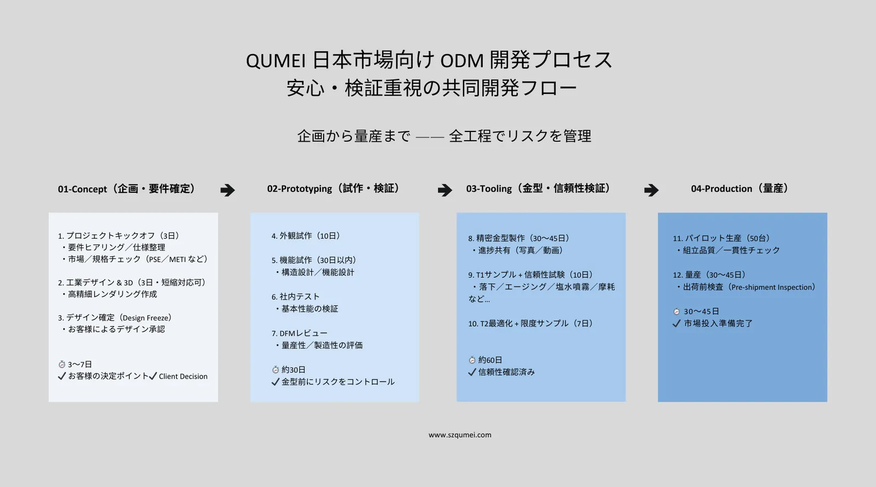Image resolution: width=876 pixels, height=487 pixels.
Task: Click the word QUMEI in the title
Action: click(x=276, y=61)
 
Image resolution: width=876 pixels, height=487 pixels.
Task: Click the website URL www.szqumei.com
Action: click(x=460, y=435)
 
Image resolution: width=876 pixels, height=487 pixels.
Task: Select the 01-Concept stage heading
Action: click(x=126, y=189)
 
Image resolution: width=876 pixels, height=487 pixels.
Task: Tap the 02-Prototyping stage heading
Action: click(x=333, y=188)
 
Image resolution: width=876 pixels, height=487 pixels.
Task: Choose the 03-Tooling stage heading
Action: click(x=539, y=188)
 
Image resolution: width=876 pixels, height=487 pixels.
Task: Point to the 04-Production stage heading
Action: click(x=740, y=188)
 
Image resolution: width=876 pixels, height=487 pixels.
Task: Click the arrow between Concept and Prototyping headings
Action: click(x=228, y=190)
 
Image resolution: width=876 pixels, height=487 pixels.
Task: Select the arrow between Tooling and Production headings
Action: click(x=652, y=190)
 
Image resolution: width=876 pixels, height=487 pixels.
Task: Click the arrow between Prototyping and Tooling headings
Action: click(x=445, y=190)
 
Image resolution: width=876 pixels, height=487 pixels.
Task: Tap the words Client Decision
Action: click(x=183, y=376)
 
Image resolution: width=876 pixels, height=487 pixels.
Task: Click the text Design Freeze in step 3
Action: click(x=147, y=318)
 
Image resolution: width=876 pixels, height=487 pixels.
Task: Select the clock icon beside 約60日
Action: click(x=472, y=360)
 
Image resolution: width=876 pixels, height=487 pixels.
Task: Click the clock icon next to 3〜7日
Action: click(x=62, y=364)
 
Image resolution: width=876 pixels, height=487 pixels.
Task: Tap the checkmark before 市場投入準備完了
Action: click(x=677, y=324)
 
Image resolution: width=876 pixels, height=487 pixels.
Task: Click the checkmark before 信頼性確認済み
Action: click(x=472, y=372)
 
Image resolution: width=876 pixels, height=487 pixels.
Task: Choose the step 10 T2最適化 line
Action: click(x=531, y=324)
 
